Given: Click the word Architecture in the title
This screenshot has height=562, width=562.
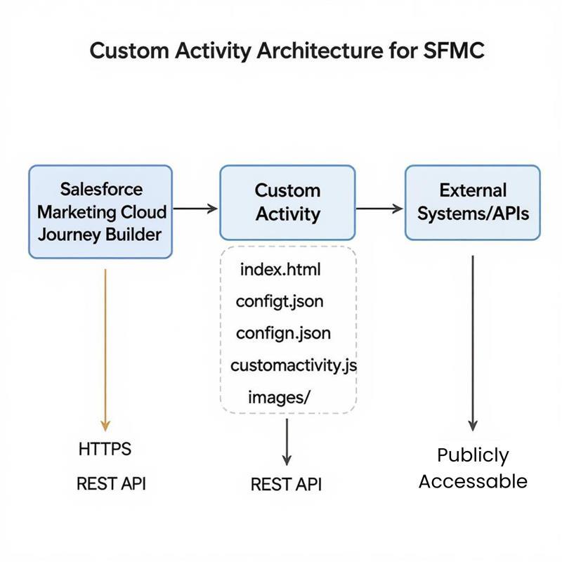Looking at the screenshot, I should [306, 53].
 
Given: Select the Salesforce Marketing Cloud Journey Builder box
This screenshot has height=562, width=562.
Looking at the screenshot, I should [100, 211].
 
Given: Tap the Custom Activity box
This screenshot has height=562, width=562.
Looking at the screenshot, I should [287, 202].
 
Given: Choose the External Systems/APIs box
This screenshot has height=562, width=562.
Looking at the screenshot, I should [473, 202].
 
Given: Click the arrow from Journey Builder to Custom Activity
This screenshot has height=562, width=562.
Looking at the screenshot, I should [196, 208].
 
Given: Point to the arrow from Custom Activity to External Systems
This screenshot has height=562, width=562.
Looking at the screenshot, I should [380, 208].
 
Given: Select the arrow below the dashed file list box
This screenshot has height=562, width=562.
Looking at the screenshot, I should [287, 441].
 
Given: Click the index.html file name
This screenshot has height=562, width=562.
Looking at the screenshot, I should [280, 269].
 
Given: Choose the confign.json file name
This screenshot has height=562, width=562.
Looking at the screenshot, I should [283, 332].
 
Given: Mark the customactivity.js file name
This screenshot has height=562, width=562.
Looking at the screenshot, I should [294, 365].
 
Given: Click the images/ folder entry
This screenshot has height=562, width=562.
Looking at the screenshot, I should [279, 397].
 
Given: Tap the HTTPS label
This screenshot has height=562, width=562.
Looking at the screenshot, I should [105, 449].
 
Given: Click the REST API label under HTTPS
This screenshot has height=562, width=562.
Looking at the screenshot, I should [111, 483].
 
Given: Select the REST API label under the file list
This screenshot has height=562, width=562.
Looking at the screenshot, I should [286, 484].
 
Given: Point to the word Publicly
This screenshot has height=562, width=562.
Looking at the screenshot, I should [473, 455].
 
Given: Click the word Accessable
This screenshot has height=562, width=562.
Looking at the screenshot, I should [473, 481].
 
